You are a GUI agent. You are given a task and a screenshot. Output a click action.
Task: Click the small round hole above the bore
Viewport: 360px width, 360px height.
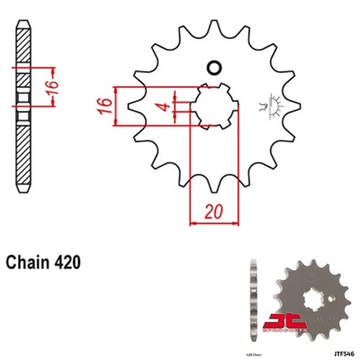pyautogui.click(x=215, y=67)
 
